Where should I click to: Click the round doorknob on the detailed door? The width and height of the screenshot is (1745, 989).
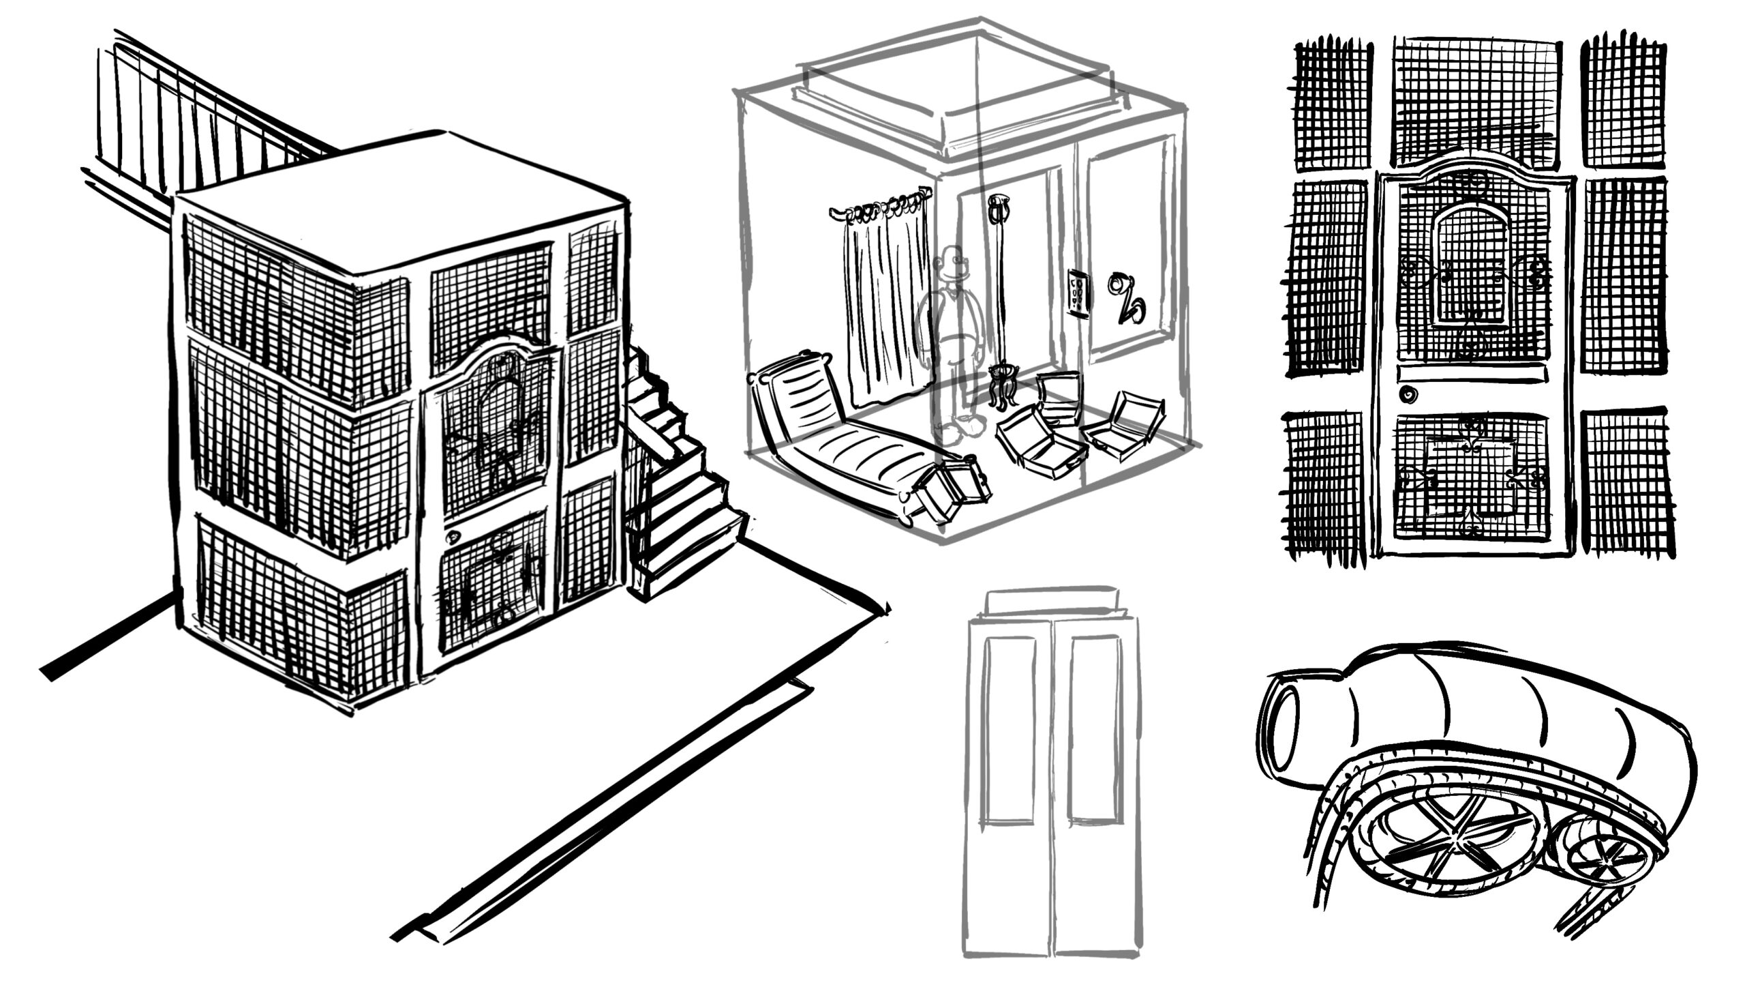coord(1406,394)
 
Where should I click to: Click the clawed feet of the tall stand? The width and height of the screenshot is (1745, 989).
coord(1000,390)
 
